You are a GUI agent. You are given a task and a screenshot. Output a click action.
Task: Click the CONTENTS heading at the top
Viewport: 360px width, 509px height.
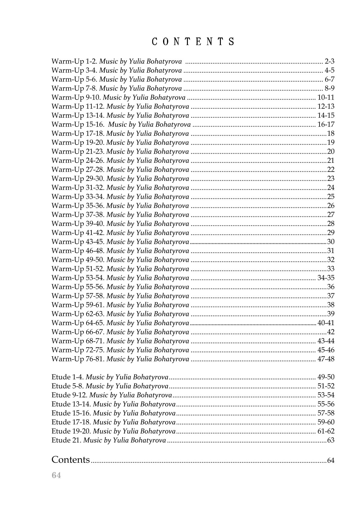(193, 41)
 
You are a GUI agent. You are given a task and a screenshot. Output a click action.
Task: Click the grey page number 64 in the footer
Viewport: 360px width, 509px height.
(56, 475)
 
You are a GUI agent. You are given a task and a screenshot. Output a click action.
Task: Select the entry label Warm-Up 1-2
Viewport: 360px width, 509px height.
(74, 61)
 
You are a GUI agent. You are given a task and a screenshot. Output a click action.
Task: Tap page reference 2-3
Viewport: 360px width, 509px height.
(329, 61)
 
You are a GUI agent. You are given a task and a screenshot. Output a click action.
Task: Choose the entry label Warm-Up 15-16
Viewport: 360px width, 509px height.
(78, 124)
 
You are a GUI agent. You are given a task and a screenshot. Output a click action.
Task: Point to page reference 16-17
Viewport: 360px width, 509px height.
(326, 124)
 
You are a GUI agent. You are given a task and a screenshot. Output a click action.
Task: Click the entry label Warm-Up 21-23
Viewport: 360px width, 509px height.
(78, 152)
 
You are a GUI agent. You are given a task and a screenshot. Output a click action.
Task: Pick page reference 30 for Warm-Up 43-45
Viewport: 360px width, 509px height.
(331, 242)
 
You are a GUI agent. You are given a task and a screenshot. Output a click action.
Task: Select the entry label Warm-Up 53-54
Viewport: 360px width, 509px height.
(78, 278)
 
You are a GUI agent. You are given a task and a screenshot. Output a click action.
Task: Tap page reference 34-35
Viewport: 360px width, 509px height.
(326, 278)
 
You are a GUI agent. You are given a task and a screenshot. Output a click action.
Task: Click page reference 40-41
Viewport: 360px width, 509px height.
(326, 323)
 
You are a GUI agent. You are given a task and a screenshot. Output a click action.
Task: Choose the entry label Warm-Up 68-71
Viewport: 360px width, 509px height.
(78, 341)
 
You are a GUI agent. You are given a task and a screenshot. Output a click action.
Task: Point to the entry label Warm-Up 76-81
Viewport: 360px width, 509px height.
(78, 359)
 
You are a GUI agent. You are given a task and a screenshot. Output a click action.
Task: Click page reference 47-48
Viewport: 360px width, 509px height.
(326, 359)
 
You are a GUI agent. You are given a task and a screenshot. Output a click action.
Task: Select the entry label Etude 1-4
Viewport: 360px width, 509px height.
(68, 377)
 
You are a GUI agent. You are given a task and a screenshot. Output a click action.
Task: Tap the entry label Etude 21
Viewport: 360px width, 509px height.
(66, 440)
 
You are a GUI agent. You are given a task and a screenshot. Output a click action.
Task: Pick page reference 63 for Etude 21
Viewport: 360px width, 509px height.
(331, 440)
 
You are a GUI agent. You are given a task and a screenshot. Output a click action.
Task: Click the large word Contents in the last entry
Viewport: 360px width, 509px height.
(71, 459)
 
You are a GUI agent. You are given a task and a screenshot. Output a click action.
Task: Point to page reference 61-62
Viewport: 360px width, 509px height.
(326, 431)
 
